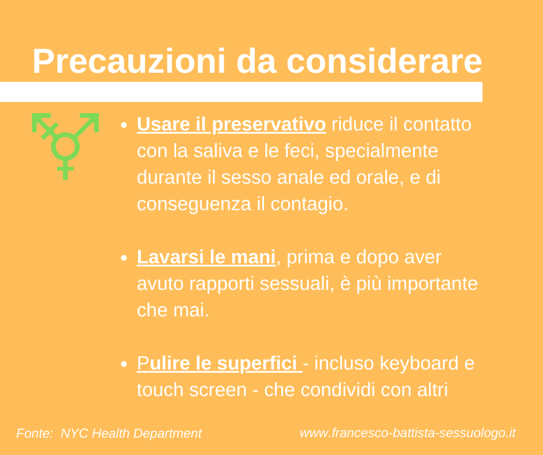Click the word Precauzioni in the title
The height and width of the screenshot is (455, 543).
(x=129, y=61)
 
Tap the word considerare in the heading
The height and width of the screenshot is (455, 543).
(x=384, y=61)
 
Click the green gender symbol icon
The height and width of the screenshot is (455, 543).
(x=65, y=146)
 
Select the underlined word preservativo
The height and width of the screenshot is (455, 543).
(x=269, y=124)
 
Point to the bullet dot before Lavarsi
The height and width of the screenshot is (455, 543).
(x=124, y=258)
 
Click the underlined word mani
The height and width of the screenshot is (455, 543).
(x=253, y=258)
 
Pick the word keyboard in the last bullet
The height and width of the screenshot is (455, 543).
(x=419, y=363)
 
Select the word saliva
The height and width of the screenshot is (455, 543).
(x=217, y=151)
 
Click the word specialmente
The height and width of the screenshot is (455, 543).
(x=382, y=151)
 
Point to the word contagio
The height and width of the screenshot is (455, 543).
(x=309, y=204)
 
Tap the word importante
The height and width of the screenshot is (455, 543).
(x=433, y=284)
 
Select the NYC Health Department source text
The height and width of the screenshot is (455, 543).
(x=131, y=434)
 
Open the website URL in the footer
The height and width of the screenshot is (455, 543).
(x=408, y=433)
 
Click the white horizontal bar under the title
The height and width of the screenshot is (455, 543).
(x=241, y=92)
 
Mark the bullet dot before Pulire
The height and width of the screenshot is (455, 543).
(x=124, y=364)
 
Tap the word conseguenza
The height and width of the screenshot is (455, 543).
(x=194, y=204)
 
